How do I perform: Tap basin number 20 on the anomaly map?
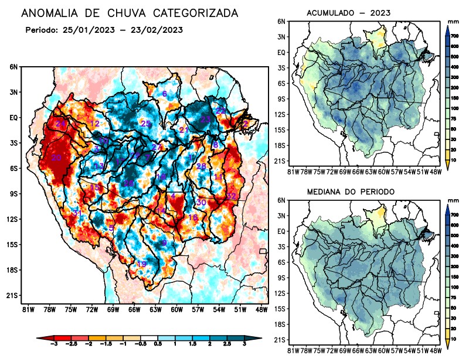click(x=57, y=158)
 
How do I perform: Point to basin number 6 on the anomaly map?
click(x=165, y=94)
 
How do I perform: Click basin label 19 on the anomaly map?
click(x=141, y=264)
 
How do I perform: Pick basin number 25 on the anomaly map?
click(x=146, y=123)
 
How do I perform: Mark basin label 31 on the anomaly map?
click(x=77, y=212)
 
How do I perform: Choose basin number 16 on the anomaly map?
click(x=193, y=217)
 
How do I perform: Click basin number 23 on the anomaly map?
click(x=205, y=119)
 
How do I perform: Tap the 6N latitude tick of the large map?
click(x=13, y=67)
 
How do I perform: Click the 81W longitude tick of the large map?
click(x=26, y=309)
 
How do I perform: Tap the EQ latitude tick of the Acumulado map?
click(x=281, y=52)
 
